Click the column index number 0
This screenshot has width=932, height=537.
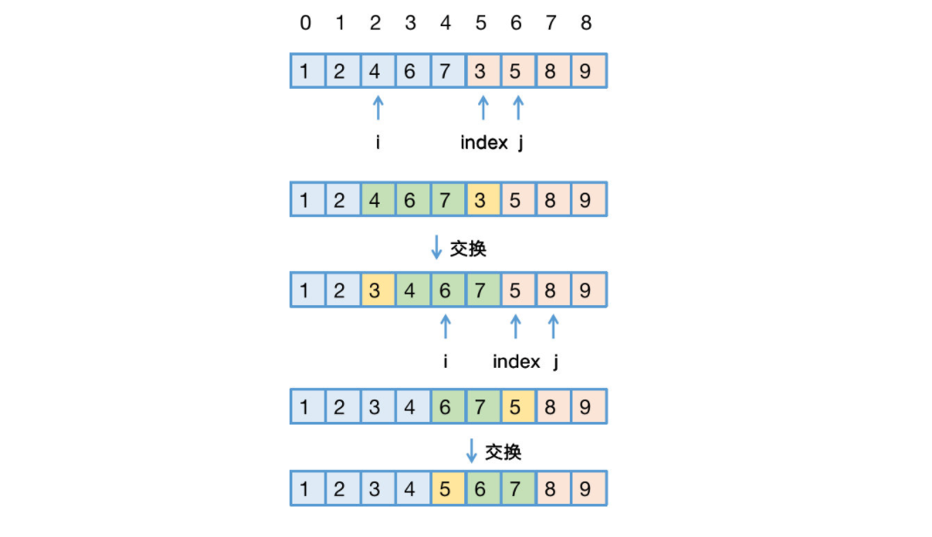305,24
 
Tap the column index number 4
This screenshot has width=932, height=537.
445,24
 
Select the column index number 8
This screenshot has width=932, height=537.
586,24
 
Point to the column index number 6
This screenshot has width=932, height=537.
516,24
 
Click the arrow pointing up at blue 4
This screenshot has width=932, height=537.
377,107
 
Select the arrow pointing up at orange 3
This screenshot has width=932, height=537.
483,107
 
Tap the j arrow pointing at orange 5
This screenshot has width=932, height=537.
517,107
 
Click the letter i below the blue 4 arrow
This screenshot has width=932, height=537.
377,143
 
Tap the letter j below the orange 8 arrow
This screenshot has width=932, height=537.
555,362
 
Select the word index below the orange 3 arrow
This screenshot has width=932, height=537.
483,143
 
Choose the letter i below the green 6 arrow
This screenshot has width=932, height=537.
446,362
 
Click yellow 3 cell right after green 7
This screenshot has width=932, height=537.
481,200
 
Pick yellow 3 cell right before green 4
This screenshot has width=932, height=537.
375,290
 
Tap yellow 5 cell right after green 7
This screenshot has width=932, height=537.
516,407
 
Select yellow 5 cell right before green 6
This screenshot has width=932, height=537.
446,489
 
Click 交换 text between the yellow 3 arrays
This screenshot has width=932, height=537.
468,249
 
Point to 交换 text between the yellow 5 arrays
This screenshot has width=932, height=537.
504,452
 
